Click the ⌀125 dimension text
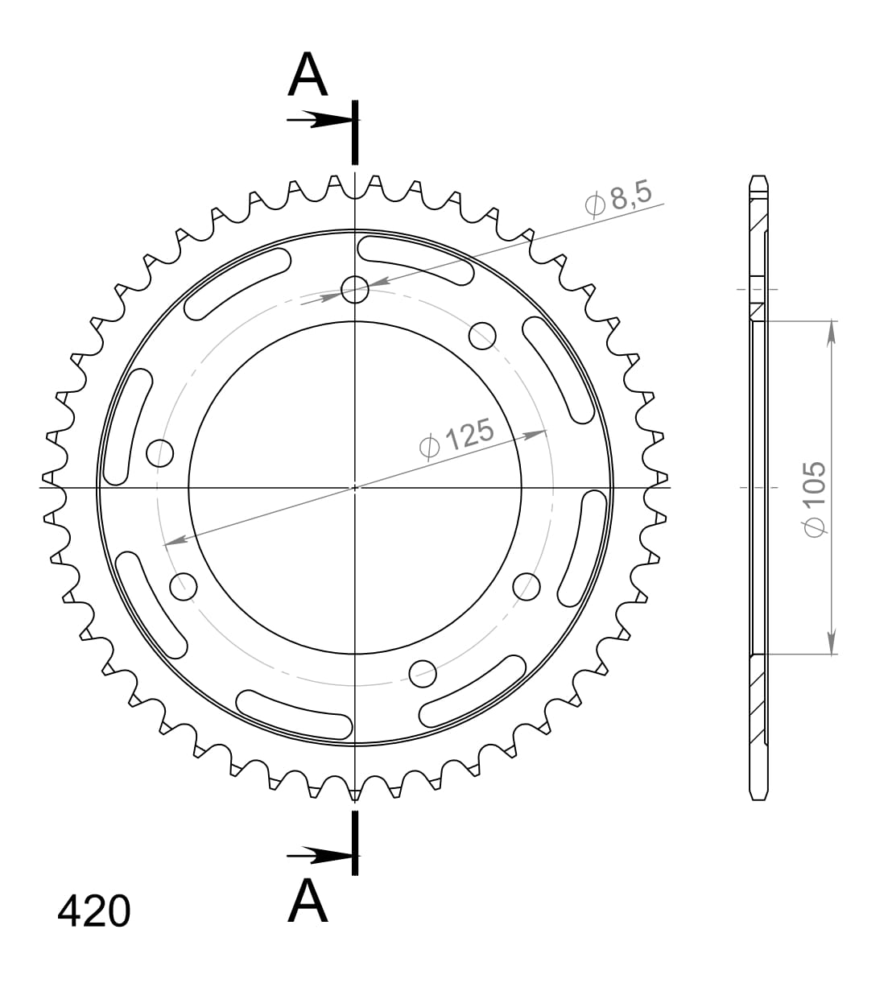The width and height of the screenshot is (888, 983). click(x=456, y=438)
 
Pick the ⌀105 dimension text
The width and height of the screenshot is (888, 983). click(x=814, y=497)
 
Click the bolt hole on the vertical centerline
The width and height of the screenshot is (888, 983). click(x=355, y=289)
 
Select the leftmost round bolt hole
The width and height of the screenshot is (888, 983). click(x=160, y=453)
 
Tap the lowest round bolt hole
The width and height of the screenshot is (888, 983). click(x=423, y=671)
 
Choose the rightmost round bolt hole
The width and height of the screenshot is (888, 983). click(x=527, y=586)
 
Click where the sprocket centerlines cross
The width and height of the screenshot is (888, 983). click(x=355, y=487)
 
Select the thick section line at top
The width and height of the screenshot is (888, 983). click(x=355, y=133)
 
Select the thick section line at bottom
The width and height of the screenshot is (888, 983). click(x=355, y=842)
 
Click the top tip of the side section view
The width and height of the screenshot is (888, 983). click(x=758, y=176)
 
